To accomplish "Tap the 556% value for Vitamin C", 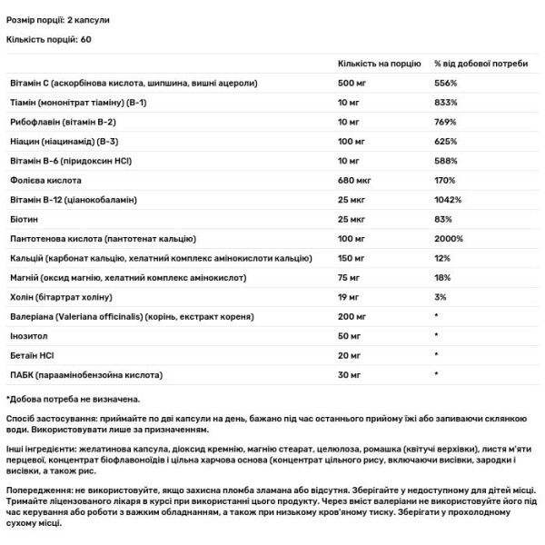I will (446, 83).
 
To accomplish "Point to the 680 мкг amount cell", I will (354, 180).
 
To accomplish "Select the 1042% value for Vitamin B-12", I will (449, 200).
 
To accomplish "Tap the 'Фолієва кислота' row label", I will (42, 180).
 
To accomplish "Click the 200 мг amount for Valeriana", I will (352, 316).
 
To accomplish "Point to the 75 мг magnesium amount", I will (350, 277).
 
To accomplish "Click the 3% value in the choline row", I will (441, 297).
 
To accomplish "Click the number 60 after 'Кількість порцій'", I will (86, 39).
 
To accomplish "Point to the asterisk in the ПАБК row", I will (437, 375).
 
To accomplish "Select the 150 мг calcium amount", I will (352, 258).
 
